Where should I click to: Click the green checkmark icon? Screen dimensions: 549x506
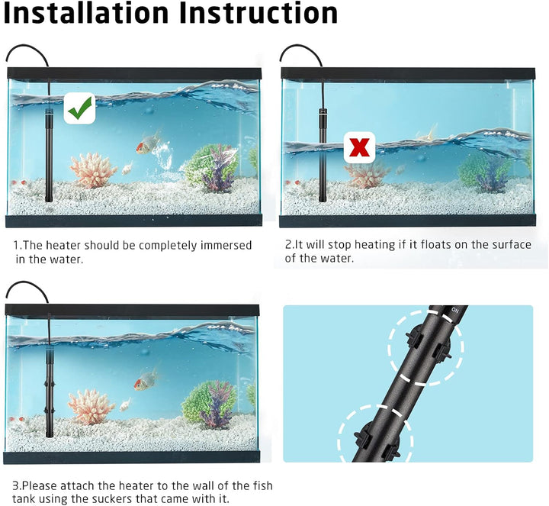coord(80,108)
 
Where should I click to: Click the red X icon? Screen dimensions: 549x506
coord(359,147)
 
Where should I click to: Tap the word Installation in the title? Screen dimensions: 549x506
coord(86,13)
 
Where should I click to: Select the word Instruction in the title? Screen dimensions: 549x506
coord(258,13)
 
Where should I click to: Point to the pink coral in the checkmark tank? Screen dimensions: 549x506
coord(93,171)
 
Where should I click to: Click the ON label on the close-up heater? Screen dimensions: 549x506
coord(454,310)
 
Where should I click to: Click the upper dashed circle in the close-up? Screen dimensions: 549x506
coord(425,347)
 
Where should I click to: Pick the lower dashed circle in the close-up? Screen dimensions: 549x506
coord(375,433)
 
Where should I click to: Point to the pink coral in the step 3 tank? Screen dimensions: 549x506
coord(91,407)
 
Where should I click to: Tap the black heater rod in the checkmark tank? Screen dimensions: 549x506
coord(49,155)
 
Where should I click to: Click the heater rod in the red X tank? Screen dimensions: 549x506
coord(323,155)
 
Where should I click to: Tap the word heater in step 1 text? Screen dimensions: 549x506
coord(64,245)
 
